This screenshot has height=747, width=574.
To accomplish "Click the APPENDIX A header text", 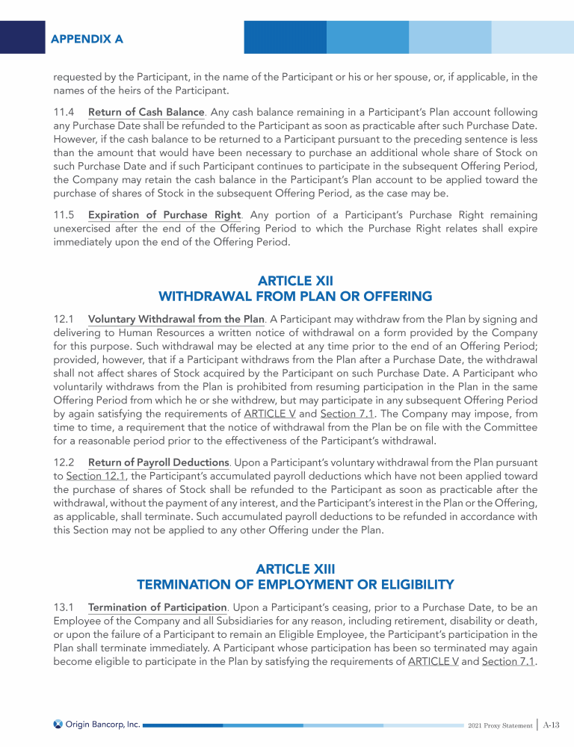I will click(x=87, y=37).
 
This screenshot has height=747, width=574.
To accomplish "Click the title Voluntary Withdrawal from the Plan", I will click(x=176, y=319).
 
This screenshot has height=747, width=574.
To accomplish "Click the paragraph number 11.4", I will click(x=65, y=112).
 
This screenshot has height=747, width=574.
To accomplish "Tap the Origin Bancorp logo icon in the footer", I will click(x=58, y=724).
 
